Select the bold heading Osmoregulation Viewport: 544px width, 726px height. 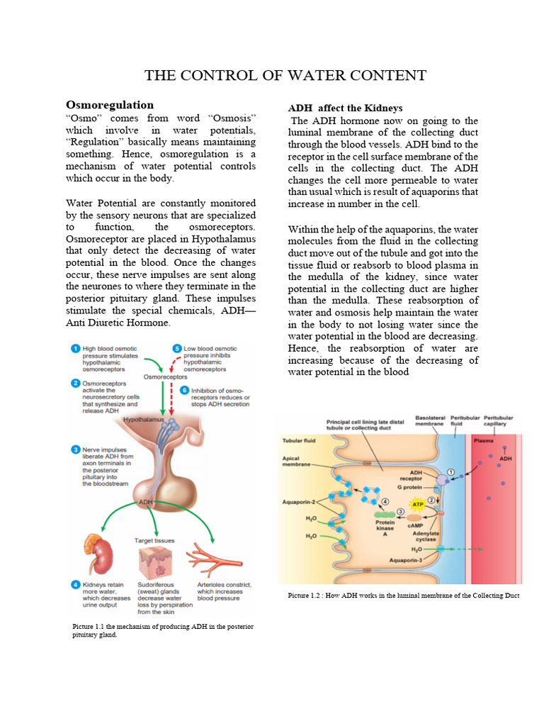click(109, 105)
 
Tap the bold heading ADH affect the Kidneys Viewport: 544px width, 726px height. click(345, 108)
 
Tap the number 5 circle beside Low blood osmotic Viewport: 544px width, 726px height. click(176, 348)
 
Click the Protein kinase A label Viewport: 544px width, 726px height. click(385, 529)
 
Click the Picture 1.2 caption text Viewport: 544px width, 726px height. click(404, 596)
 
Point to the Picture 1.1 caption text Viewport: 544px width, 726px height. click(163, 631)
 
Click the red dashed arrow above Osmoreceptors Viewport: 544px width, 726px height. click(170, 363)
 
